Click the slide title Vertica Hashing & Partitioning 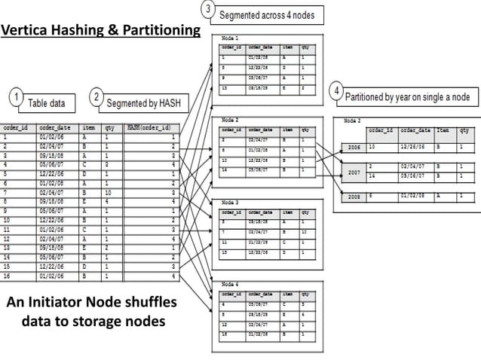click(x=100, y=31)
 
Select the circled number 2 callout click(x=97, y=99)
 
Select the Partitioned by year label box click(x=408, y=97)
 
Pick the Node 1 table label click(x=230, y=37)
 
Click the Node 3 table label click(x=230, y=203)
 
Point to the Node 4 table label click(x=230, y=283)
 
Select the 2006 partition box click(x=351, y=148)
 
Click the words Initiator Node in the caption click(x=101, y=303)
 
